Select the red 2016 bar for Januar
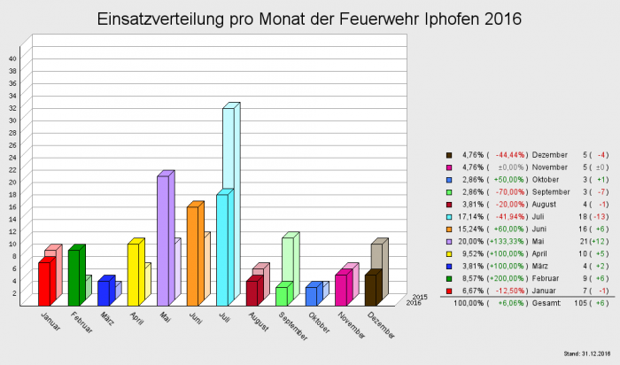(44, 283)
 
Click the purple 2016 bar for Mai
(163, 239)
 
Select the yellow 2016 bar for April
(134, 274)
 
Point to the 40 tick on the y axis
(12, 58)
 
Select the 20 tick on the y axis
(12, 182)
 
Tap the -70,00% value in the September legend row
(508, 190)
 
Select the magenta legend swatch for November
(449, 166)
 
